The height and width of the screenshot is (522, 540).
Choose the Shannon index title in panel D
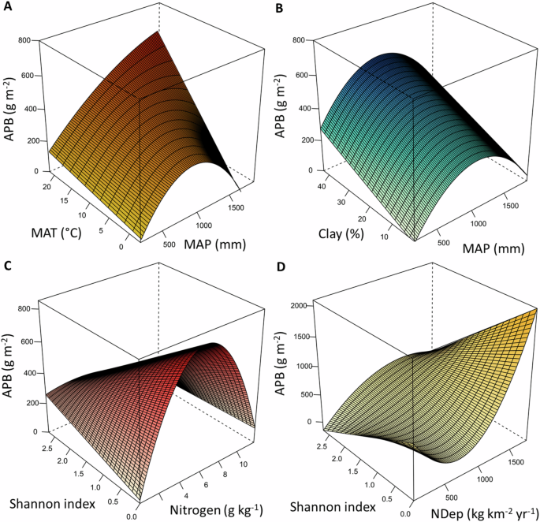coord(320,504)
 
